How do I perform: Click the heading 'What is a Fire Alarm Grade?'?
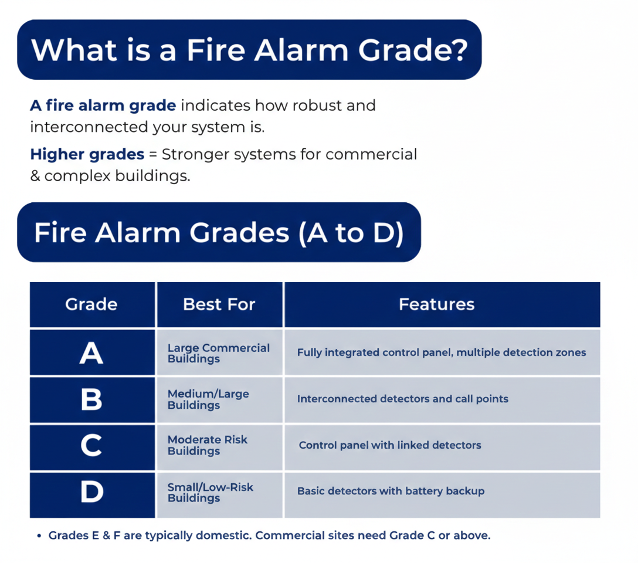pos(249,50)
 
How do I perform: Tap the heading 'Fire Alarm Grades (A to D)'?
pos(219,232)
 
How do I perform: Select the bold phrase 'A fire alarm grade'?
pos(103,106)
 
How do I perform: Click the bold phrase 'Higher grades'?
pos(87,154)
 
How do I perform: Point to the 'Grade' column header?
pos(91,304)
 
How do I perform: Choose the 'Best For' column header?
pos(219,304)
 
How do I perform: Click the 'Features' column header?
pos(436,304)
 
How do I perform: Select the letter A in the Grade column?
pos(91,353)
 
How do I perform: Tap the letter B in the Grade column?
pos(91,400)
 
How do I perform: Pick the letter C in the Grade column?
pos(91,446)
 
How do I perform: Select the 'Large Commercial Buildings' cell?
pos(218,353)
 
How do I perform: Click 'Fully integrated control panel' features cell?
pos(441,352)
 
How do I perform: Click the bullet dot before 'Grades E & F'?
pos(39,536)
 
